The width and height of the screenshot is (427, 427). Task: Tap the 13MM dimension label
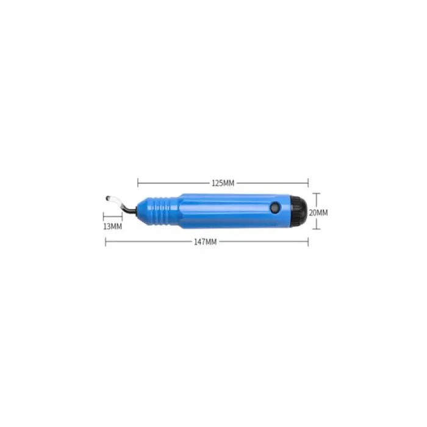[x=113, y=226]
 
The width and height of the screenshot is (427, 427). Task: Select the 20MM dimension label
[x=318, y=213]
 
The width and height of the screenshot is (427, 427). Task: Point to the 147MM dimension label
[x=206, y=242]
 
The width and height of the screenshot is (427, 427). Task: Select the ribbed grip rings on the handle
[x=160, y=211]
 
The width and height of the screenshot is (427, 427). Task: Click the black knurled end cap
[x=300, y=211]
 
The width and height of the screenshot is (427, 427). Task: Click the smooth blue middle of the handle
[x=226, y=211]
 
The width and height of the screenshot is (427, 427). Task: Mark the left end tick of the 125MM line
[x=138, y=182]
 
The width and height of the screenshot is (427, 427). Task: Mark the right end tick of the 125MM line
[x=308, y=182]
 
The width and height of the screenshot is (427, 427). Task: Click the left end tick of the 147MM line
[x=106, y=242]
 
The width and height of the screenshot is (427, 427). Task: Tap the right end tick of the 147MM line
[x=308, y=242]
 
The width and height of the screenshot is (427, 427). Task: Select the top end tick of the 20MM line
[x=317, y=195]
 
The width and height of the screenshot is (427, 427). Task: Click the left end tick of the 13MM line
[x=104, y=215]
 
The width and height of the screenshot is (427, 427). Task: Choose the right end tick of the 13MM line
[x=122, y=215]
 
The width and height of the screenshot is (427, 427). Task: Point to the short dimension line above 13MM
[x=113, y=215]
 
